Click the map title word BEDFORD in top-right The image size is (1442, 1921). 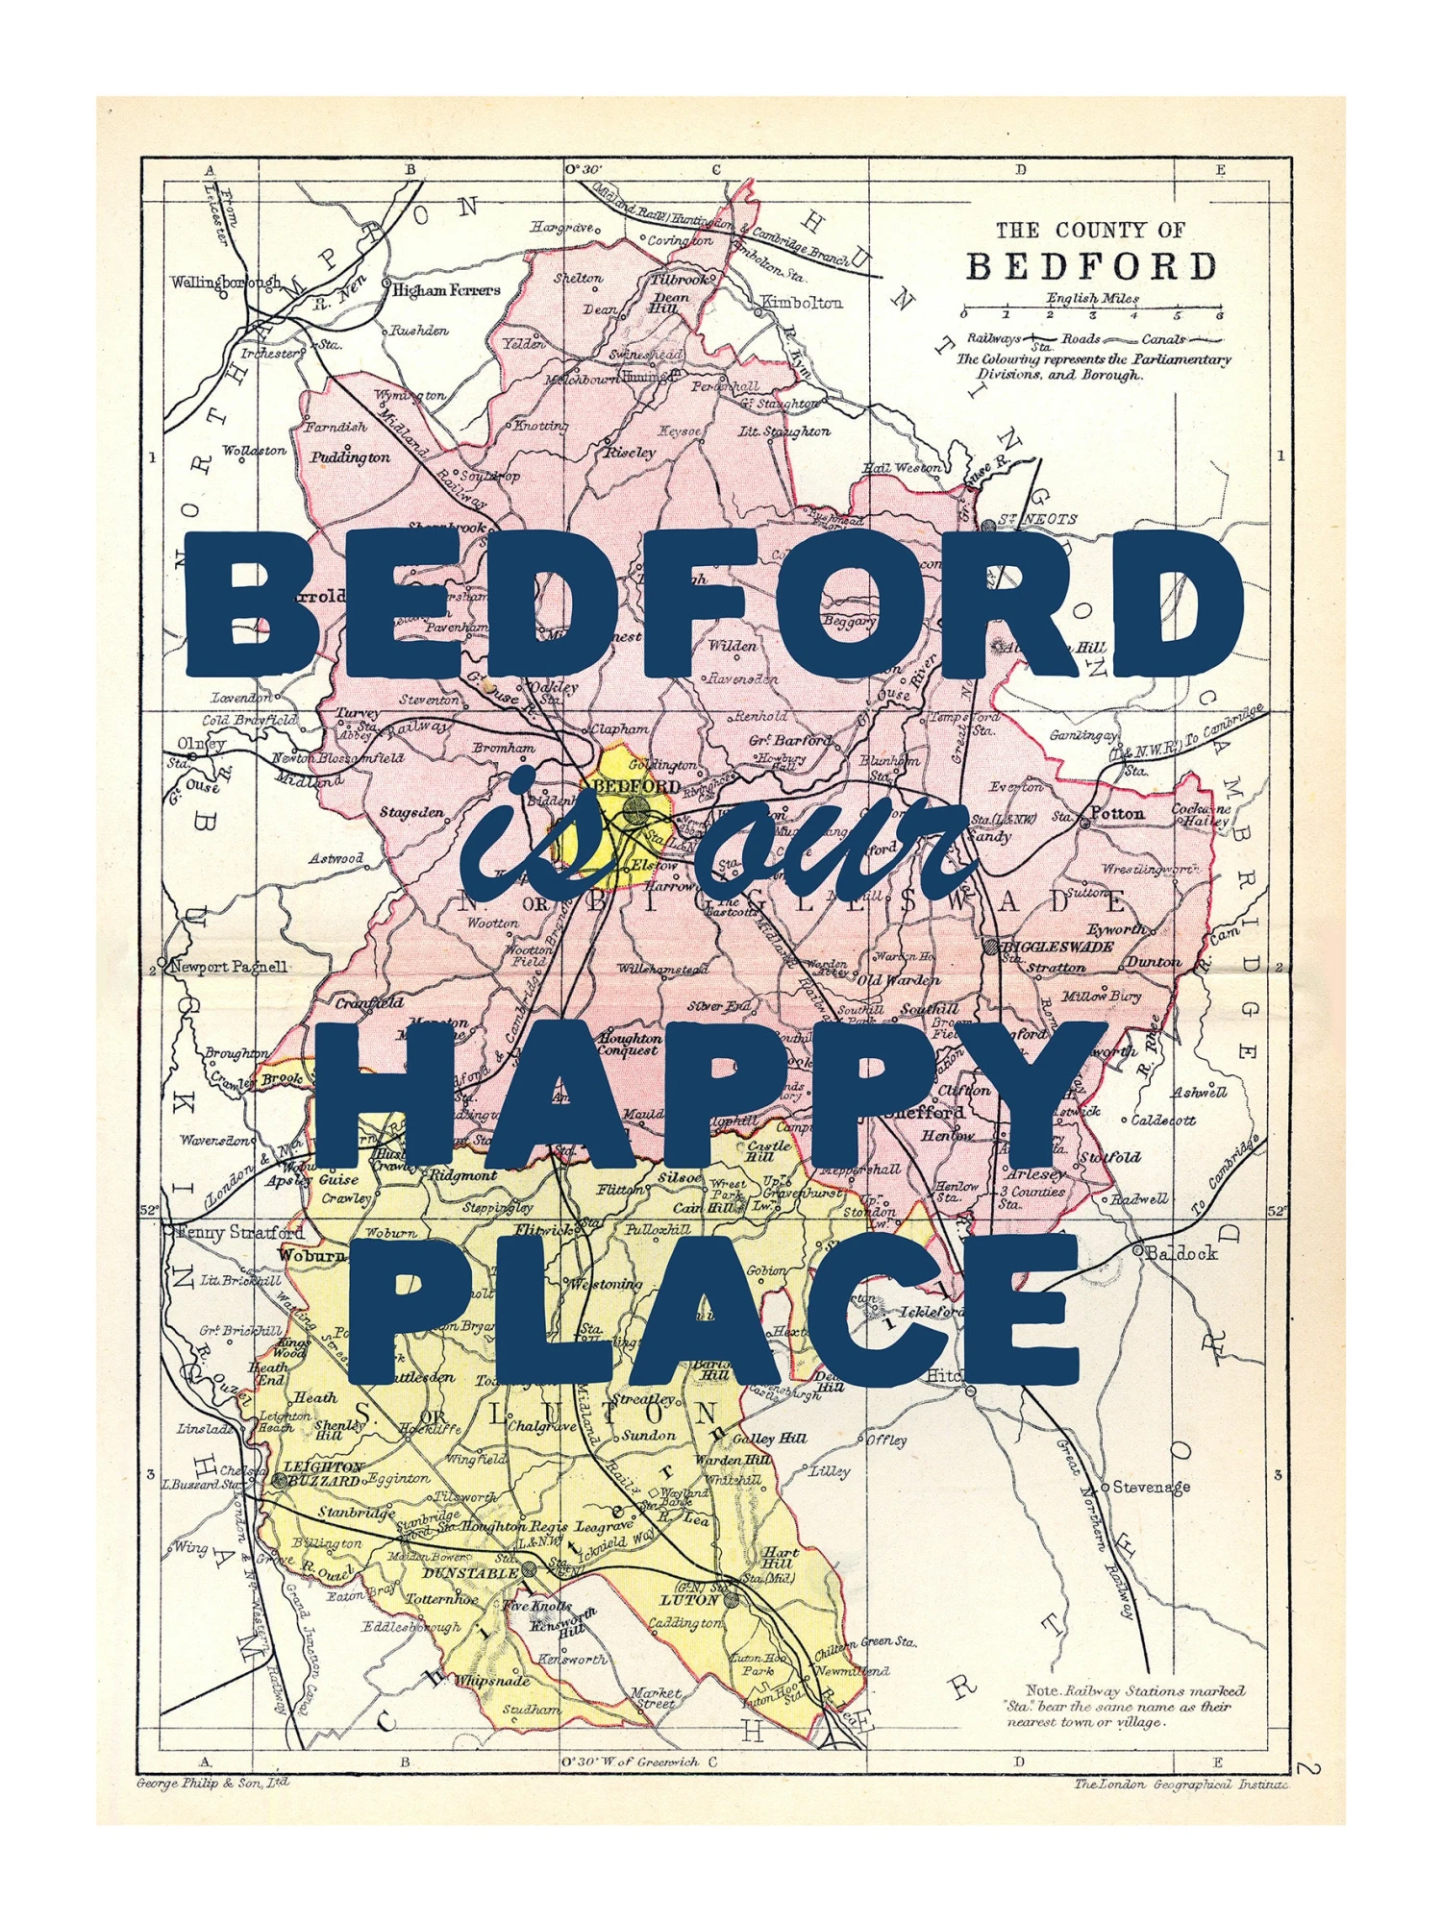pos(1090,266)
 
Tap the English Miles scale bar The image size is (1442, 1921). pos(1091,313)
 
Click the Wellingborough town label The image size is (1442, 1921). pos(226,283)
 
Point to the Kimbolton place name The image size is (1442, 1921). pos(802,303)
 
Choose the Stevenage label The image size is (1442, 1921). pos(1151,1487)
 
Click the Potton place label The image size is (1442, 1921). pos(1119,813)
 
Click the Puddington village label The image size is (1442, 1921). pos(350,457)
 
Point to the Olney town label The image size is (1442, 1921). pos(201,744)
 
